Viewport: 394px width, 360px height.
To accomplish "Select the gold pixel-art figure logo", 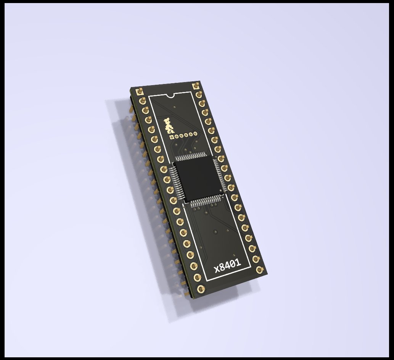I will (168, 126).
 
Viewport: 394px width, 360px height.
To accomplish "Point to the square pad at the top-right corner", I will (196, 86).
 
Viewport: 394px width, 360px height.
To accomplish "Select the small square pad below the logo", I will (172, 137).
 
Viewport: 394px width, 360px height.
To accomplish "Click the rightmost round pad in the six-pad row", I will (195, 134).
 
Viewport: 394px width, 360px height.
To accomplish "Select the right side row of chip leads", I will (219, 174).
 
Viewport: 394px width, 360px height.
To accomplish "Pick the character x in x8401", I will (216, 270).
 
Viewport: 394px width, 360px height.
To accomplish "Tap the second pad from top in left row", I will (143, 101).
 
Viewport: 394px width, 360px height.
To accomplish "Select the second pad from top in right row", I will (199, 95).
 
